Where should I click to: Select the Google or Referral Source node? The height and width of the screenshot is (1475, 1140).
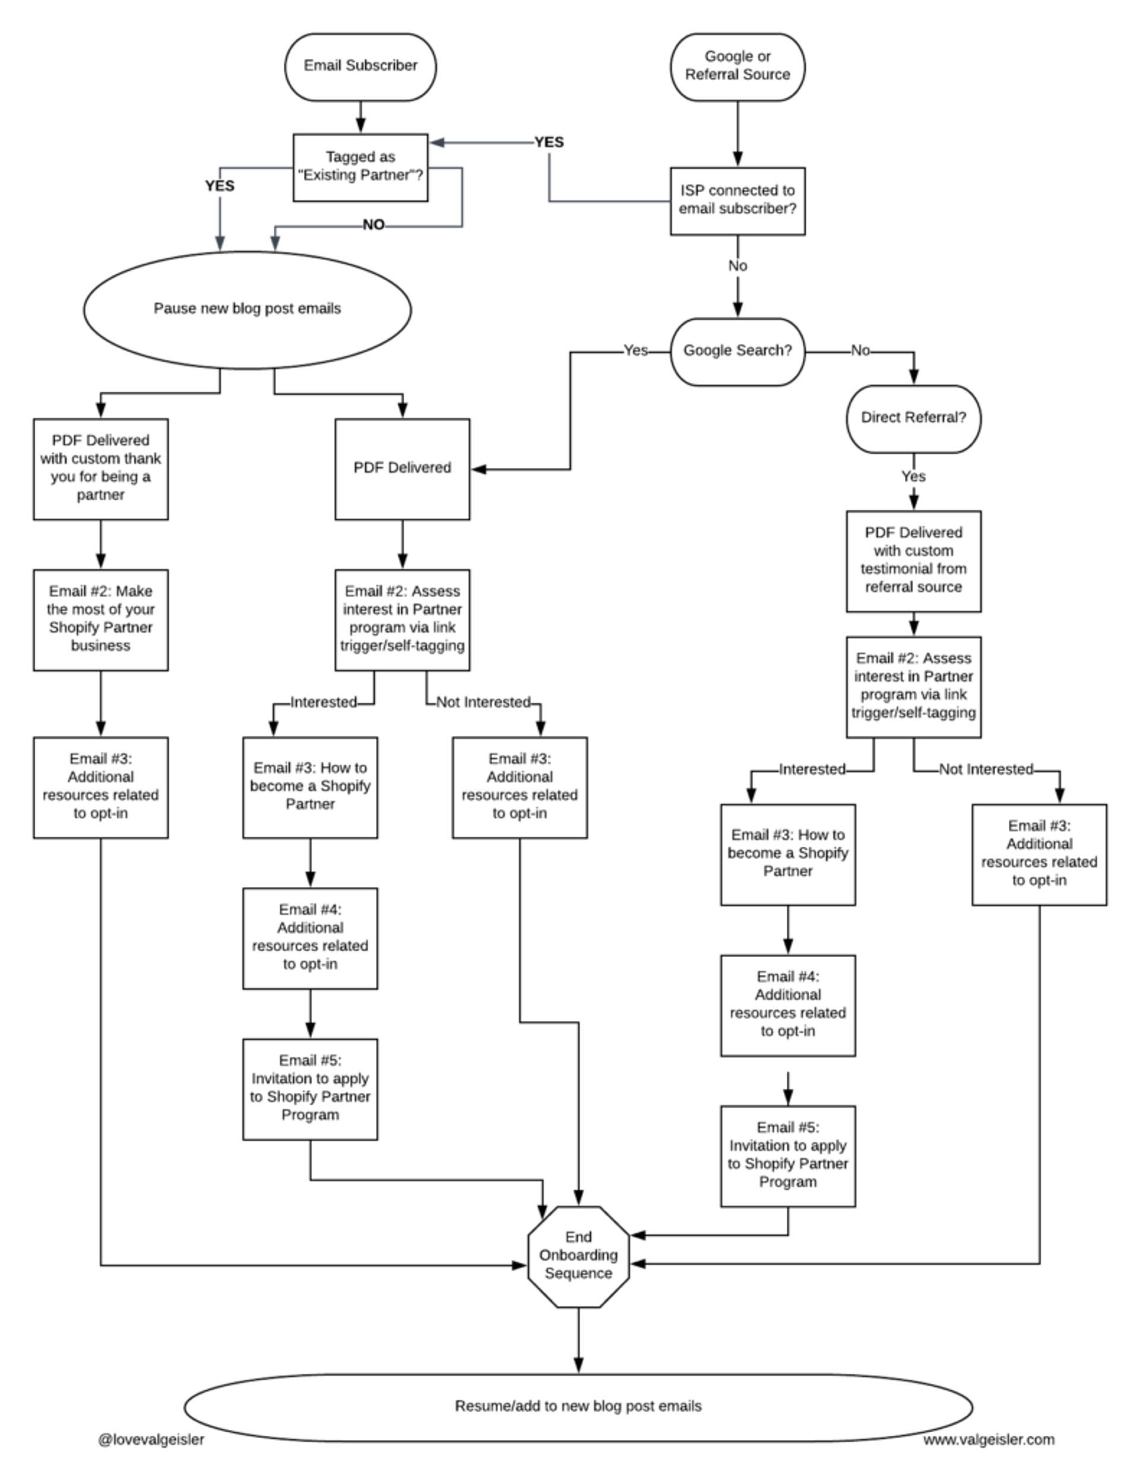737,67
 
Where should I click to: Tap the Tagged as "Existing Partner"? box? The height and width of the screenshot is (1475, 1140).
360,167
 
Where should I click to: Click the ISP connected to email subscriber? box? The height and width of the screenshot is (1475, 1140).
737,201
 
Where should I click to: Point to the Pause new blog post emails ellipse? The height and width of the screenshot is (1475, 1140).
248,309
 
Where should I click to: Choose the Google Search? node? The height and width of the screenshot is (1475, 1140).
737,351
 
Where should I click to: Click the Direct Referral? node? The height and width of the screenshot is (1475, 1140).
913,418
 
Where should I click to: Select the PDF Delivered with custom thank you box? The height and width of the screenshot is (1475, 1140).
101,468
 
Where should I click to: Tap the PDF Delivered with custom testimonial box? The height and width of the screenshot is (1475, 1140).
913,561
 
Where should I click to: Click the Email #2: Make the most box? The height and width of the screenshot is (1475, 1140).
101,619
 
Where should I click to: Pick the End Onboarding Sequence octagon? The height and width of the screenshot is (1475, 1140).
578,1255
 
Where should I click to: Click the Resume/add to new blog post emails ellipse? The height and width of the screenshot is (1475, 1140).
578,1406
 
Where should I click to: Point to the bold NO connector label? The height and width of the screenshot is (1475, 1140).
373,225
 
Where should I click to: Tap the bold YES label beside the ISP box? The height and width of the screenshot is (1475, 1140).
549,142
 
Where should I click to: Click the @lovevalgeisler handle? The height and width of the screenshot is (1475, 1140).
151,1440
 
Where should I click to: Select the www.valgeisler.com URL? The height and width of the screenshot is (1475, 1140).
989,1440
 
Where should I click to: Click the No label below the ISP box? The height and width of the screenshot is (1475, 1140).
737,266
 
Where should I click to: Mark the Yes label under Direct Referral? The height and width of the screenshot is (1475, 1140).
913,477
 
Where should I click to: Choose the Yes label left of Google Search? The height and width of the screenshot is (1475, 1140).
635,351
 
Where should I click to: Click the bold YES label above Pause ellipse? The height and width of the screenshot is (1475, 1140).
220,186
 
